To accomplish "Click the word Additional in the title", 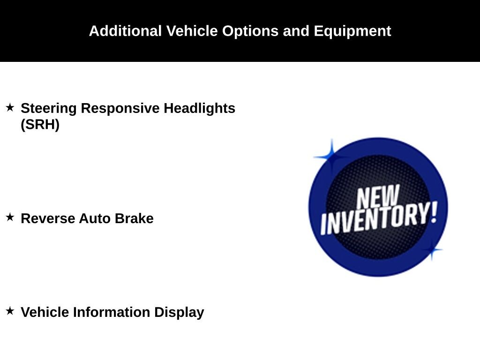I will [x=125, y=31].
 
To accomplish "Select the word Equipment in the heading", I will [x=352, y=31].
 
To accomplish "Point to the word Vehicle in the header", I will [x=192, y=31].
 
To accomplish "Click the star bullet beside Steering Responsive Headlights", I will [x=10, y=107].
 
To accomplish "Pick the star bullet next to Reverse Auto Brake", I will [x=10, y=217].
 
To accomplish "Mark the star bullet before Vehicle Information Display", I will [x=10, y=311].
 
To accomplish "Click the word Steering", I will [x=49, y=108].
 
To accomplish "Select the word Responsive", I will [x=120, y=108].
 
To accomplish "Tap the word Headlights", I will [x=199, y=108].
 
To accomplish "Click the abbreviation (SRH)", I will [x=40, y=125].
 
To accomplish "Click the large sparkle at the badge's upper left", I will [x=331, y=157].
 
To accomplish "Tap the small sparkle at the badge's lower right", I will [x=431, y=249].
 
